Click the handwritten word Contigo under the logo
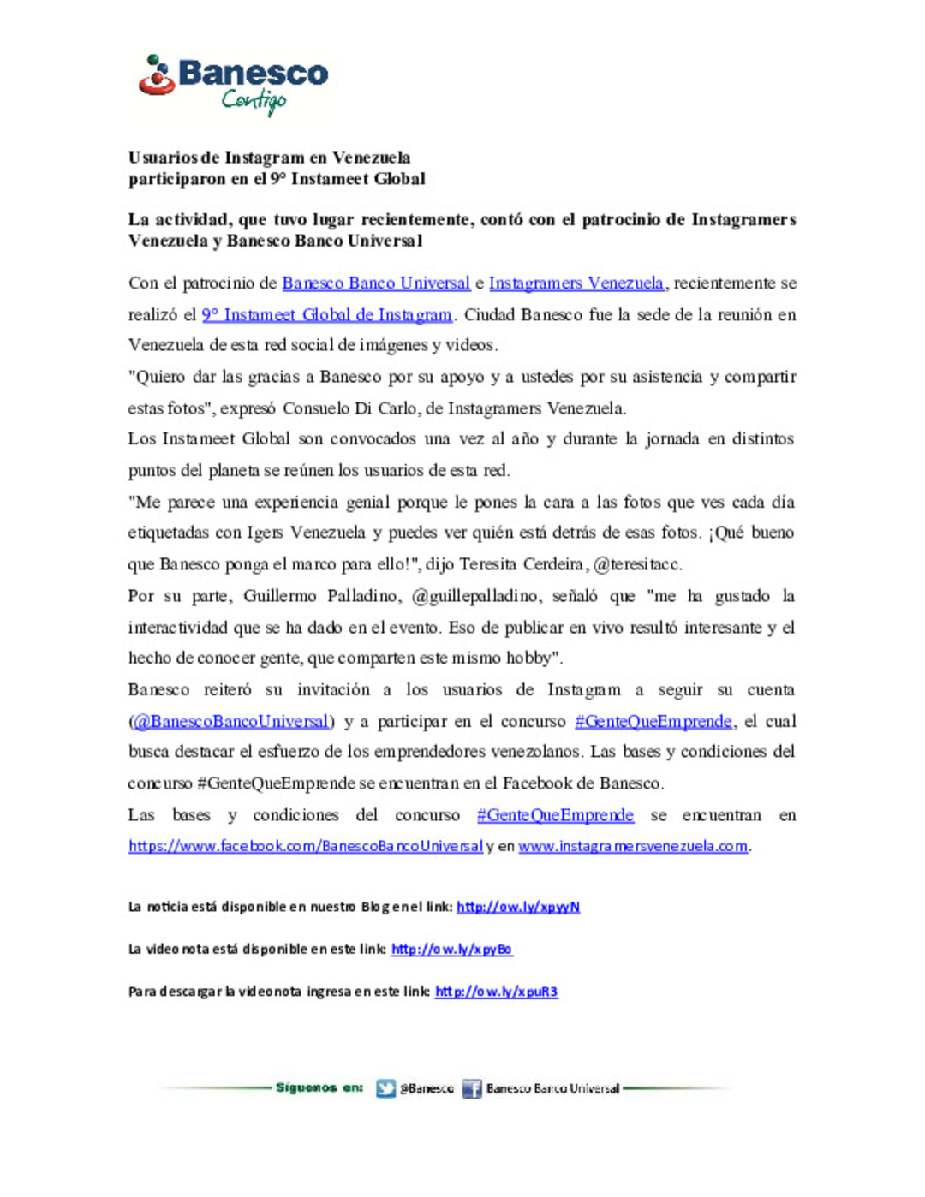point(254,101)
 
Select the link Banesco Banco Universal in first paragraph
point(376,283)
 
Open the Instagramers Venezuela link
point(576,283)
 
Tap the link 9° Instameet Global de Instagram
point(326,315)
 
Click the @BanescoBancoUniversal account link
point(231,722)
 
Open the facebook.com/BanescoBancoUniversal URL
point(306,847)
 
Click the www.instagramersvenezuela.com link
point(633,847)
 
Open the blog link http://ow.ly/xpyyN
point(518,908)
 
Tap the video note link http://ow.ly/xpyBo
point(452,950)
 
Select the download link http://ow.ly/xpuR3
point(496,992)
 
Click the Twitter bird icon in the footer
point(386,1089)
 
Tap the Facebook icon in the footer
point(472,1089)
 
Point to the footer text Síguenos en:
point(319,1088)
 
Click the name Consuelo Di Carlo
point(350,408)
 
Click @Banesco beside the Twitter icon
point(427,1089)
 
